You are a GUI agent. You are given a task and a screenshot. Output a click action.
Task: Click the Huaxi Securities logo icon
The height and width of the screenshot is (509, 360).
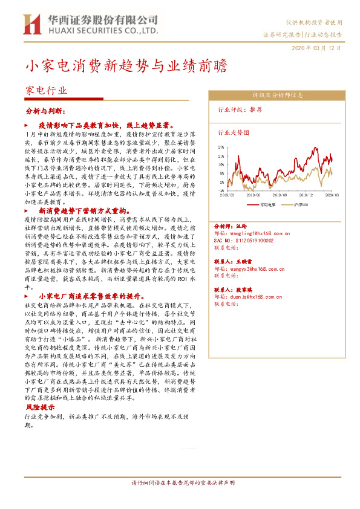pos(31,24)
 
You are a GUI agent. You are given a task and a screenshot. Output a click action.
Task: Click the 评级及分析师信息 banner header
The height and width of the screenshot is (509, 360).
pos(278,95)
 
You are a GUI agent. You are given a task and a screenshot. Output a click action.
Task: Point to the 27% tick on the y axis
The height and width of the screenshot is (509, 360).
pos(220,146)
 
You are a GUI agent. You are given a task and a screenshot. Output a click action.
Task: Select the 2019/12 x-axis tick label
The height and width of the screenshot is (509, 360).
pos(307,196)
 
